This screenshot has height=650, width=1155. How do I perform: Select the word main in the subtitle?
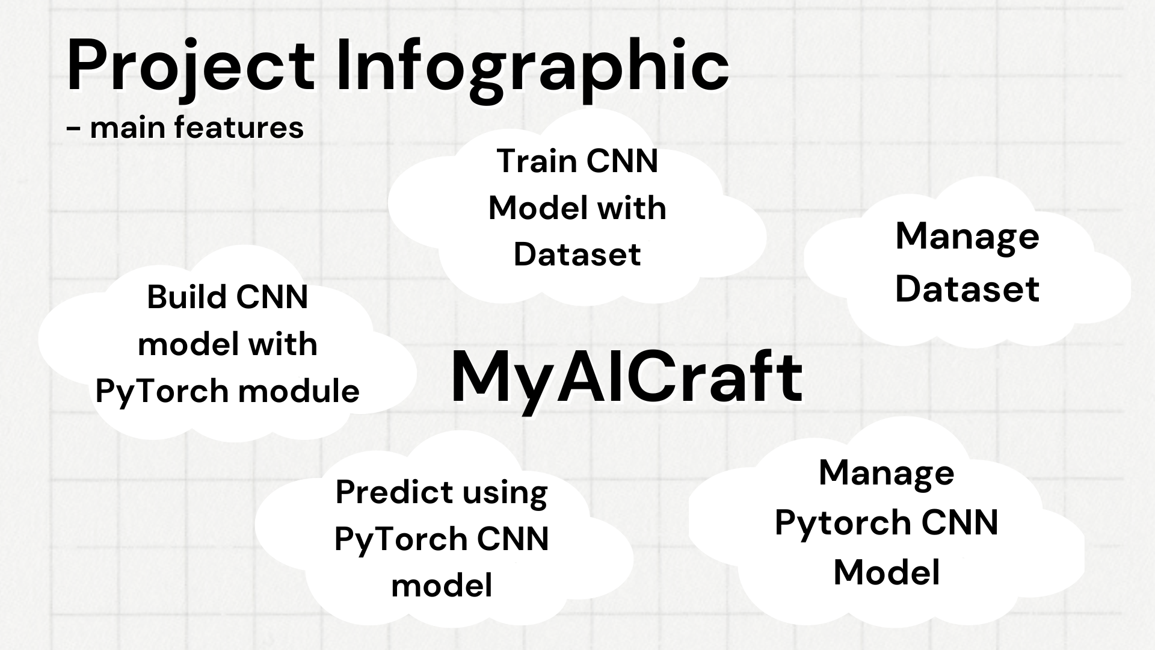(128, 128)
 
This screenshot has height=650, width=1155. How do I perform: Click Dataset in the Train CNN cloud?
(577, 255)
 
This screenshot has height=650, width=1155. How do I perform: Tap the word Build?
(186, 297)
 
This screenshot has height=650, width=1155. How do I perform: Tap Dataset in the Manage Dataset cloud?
(967, 289)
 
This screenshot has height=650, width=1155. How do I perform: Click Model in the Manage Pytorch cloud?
(887, 572)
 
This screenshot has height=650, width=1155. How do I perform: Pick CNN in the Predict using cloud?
(513, 539)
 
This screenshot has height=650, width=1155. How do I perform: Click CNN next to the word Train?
(622, 161)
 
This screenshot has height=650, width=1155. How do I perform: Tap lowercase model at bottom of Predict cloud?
(442, 585)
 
